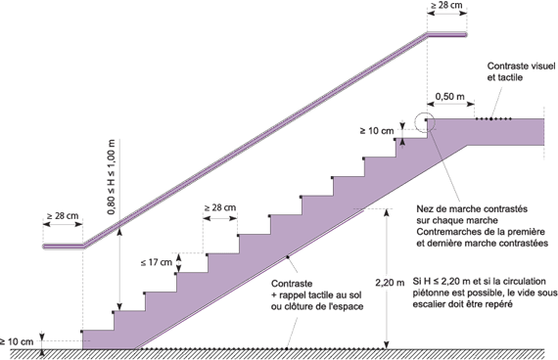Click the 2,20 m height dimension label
coord(389,282)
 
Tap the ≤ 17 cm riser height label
coord(160,262)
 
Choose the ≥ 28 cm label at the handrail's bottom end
coord(63,215)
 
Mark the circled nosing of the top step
coord(427,121)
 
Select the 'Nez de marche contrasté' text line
coord(461,207)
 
